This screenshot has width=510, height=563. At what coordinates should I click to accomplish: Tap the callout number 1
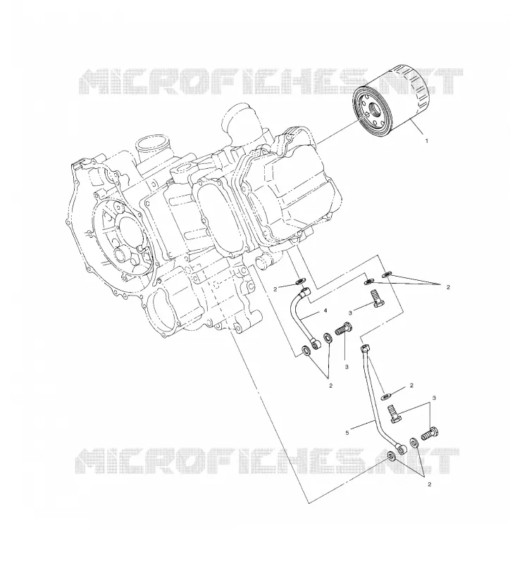click(x=427, y=141)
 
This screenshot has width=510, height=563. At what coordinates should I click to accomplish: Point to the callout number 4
click(x=325, y=310)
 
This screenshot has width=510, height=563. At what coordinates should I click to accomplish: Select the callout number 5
click(x=347, y=433)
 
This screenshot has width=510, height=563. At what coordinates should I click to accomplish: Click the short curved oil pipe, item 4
click(x=299, y=318)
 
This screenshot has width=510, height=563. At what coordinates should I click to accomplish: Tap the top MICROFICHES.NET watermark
click(x=270, y=82)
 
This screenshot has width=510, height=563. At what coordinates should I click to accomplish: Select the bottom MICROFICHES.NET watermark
click(x=268, y=461)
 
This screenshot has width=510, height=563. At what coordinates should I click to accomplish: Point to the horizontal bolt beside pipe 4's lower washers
click(x=344, y=329)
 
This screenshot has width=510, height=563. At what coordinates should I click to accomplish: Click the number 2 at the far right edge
click(x=448, y=287)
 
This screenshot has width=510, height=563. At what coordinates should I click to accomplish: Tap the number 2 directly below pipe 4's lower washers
click(x=330, y=386)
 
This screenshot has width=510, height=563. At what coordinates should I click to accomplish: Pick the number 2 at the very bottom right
click(x=429, y=484)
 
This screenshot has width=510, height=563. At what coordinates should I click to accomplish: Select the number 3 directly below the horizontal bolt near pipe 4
click(x=347, y=367)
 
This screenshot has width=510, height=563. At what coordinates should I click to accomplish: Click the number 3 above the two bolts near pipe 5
click(x=434, y=398)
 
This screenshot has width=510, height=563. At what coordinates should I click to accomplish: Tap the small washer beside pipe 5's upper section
click(x=387, y=396)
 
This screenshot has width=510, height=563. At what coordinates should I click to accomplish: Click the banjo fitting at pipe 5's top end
click(x=365, y=348)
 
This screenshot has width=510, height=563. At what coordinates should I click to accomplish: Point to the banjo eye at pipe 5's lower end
click(x=401, y=448)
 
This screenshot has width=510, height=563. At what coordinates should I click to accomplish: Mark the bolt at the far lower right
click(x=430, y=433)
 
